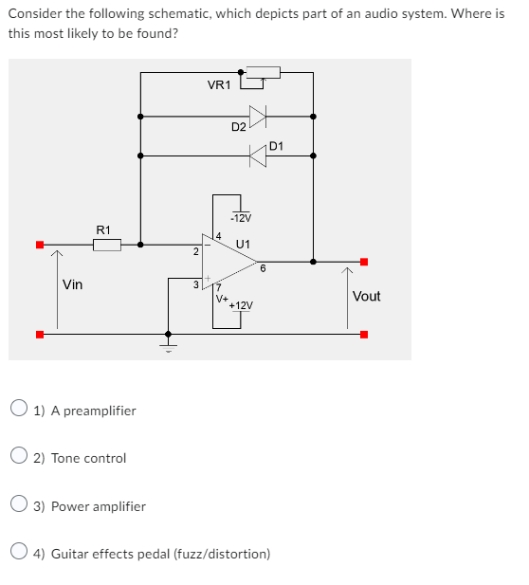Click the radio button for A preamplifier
pos(19,411)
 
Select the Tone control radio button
pos(19,458)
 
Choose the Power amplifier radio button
pos(19,506)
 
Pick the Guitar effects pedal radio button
pos(19,553)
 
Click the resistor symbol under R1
pos(107,246)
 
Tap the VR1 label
pos(218,86)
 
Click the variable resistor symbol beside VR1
pos(261,73)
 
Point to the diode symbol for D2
pos(257,117)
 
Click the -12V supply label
pos(240,218)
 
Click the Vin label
pos(72,283)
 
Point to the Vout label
pos(366,296)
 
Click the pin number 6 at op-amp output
pos(263,268)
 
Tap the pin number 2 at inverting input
pos(194,252)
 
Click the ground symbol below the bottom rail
pos(169,345)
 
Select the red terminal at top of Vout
pos(363,262)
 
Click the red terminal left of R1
pos(39,245)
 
